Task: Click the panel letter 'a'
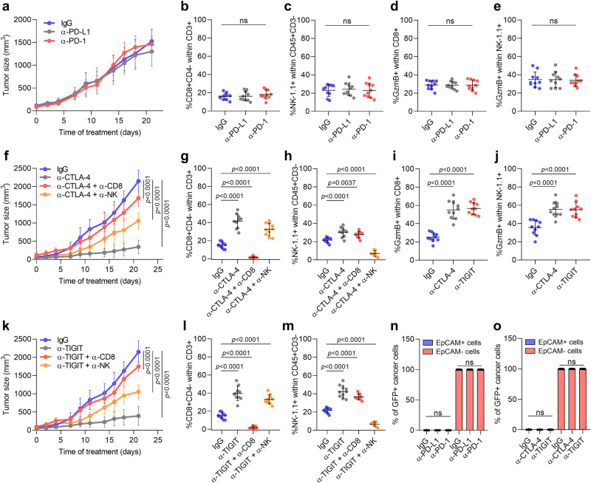click(5, 7)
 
